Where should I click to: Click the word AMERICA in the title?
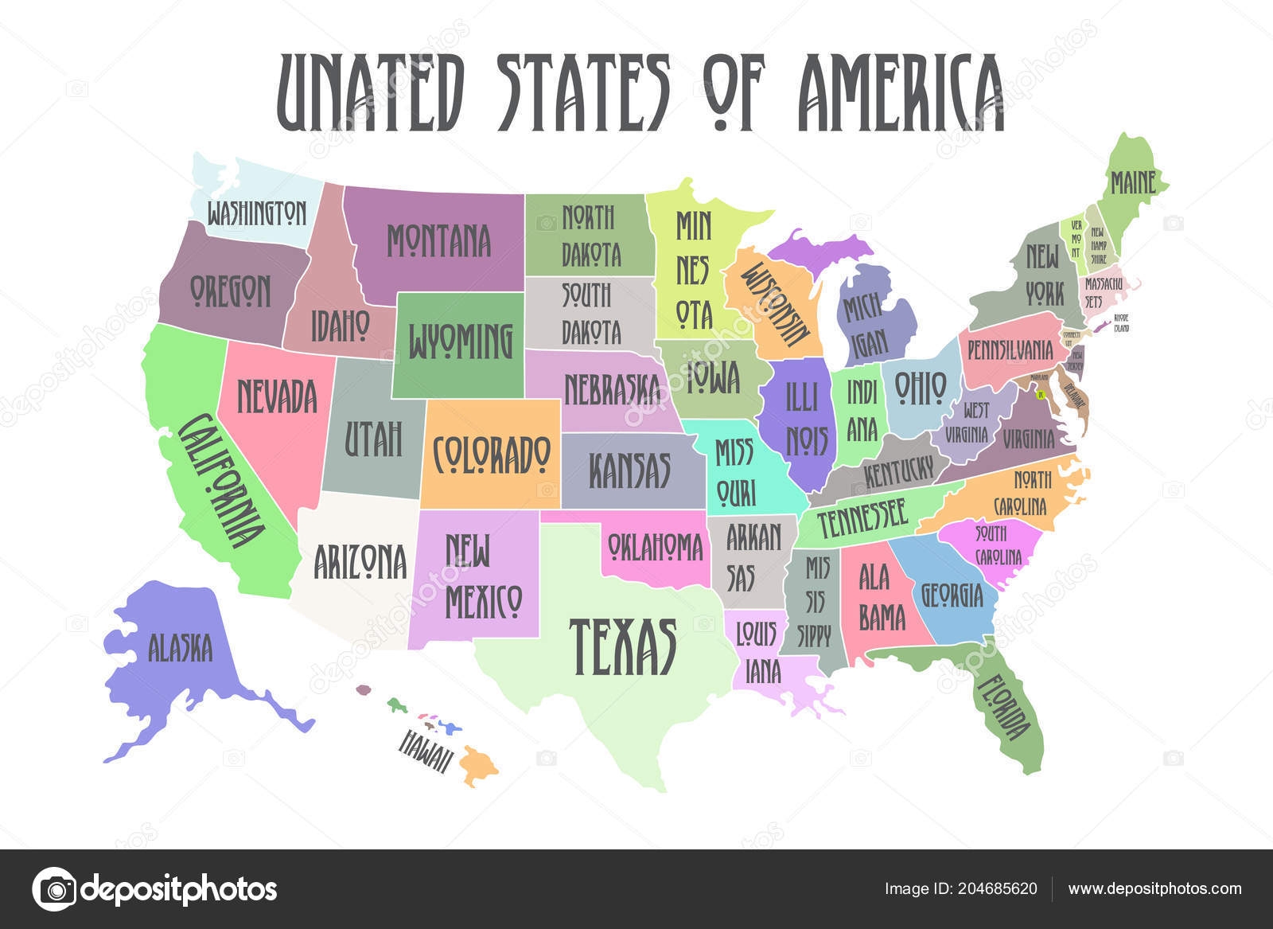(901, 93)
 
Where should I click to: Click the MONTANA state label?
(438, 240)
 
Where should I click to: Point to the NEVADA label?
(277, 396)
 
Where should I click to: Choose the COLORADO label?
(492, 454)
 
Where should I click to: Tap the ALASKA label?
(181, 647)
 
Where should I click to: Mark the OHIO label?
(920, 388)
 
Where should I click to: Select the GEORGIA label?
(952, 594)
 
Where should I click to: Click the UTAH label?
(373, 439)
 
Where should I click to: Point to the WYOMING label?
(461, 342)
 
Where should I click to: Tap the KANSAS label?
(629, 470)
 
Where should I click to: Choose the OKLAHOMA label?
(656, 547)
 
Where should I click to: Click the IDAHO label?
(340, 325)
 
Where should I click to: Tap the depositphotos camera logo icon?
(54, 888)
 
